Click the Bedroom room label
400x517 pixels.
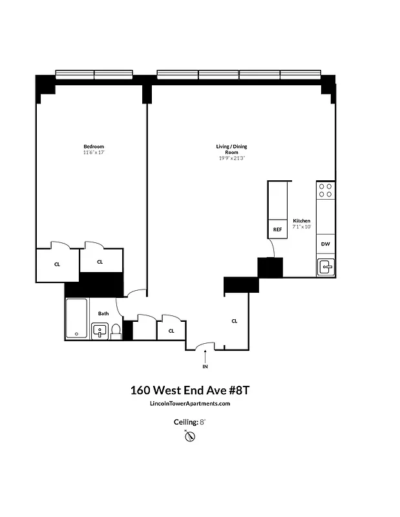[x=93, y=147]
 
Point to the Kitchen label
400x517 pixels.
[x=301, y=221]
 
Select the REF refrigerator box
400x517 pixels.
[x=277, y=229]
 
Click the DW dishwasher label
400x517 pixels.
[x=326, y=244]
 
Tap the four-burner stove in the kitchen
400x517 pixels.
[x=326, y=190]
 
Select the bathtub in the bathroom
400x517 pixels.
[x=77, y=319]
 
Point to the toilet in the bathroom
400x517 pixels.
[x=116, y=332]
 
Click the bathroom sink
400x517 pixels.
[x=100, y=331]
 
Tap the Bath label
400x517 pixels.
[x=103, y=313]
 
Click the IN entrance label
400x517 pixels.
[x=205, y=366]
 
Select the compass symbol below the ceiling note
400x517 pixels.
[x=190, y=437]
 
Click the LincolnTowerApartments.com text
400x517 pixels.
[x=189, y=404]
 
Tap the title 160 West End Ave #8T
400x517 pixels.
[x=189, y=390]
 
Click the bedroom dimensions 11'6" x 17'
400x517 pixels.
[x=93, y=153]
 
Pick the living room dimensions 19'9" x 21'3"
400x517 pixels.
[x=231, y=158]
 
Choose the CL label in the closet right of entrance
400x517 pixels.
[x=235, y=321]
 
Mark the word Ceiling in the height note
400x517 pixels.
[x=184, y=421]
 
